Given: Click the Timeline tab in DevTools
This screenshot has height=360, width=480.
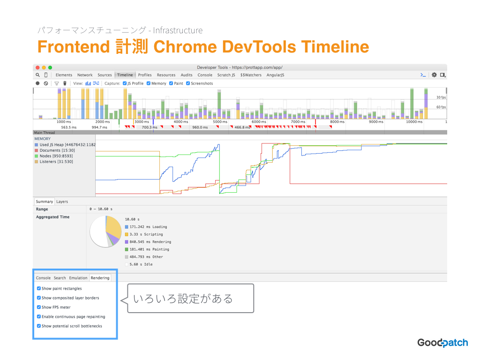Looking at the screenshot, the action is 125,75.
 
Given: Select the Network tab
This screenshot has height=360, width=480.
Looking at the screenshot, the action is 85,75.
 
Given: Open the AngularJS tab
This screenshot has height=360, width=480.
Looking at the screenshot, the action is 275,75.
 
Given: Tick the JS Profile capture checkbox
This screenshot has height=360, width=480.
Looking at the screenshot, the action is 125,83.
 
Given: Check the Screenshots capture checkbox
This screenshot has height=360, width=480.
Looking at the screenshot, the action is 188,83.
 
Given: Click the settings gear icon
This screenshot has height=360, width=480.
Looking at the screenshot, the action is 434,75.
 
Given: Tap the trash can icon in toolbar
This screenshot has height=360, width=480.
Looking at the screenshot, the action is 65,83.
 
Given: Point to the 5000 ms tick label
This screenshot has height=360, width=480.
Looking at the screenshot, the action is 220,122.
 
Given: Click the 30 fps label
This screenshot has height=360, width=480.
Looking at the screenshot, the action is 441,97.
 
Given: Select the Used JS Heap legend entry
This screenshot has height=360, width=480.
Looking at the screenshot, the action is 65,145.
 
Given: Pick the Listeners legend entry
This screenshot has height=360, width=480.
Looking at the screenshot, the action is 54,162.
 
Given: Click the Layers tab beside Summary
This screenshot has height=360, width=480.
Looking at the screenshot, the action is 62,202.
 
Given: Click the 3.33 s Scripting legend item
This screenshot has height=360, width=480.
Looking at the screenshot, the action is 144,234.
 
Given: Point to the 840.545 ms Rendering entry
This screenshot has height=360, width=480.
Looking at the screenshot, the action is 148,242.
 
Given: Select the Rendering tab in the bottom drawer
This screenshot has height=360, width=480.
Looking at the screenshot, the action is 100,278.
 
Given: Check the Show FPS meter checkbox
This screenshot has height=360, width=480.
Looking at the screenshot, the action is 39,307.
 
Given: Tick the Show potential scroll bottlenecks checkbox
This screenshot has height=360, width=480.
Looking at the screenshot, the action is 39,326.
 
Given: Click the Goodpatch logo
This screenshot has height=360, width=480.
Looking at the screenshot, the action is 442,343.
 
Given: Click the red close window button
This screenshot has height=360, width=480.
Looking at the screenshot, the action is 37,67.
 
